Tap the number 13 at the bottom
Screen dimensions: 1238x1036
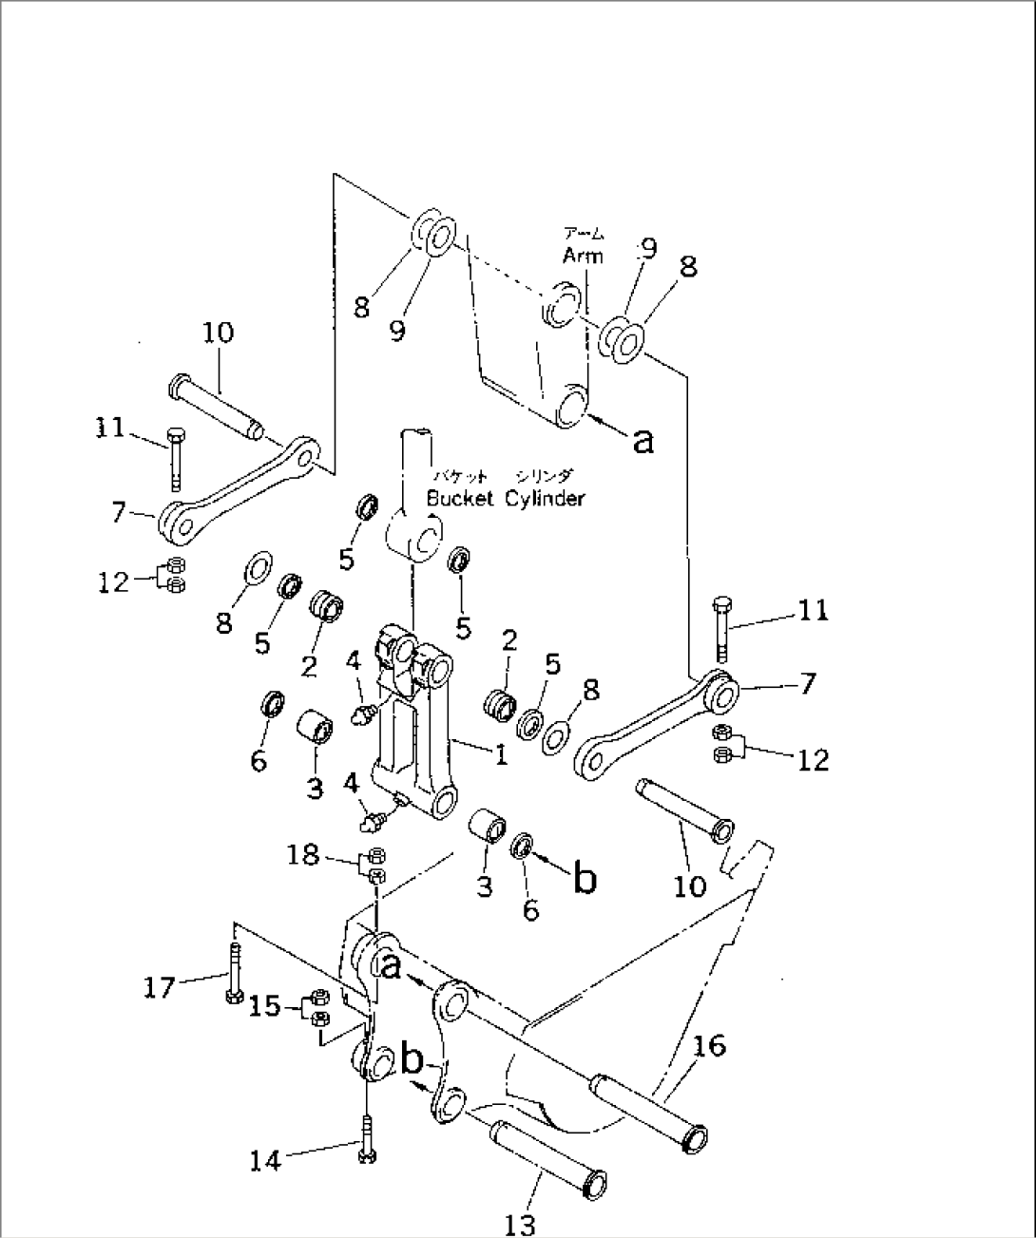(x=520, y=1223)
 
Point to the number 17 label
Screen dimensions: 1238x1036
(x=160, y=988)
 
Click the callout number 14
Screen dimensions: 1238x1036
(x=265, y=1159)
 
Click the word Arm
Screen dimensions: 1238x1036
(x=582, y=256)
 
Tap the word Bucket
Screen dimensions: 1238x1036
(x=460, y=498)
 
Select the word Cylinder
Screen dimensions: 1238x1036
(x=545, y=498)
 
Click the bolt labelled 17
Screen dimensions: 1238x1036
(x=233, y=969)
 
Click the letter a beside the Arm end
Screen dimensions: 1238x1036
(x=643, y=439)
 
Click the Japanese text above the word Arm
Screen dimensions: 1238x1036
(x=583, y=234)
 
